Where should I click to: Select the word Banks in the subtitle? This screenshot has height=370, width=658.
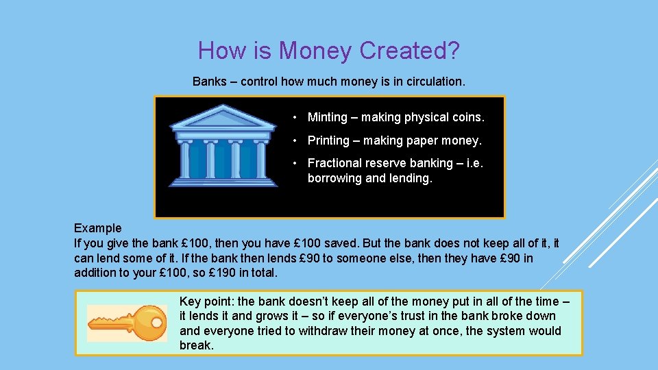[x=209, y=82]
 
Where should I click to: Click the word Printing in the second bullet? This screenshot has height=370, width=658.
[x=328, y=140]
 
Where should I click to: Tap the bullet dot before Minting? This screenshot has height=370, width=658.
[x=294, y=117]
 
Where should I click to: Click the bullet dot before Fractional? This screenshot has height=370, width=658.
[x=294, y=163]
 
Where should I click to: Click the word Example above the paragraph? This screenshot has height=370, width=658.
[x=97, y=228]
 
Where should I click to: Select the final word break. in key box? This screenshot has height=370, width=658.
[x=197, y=346]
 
